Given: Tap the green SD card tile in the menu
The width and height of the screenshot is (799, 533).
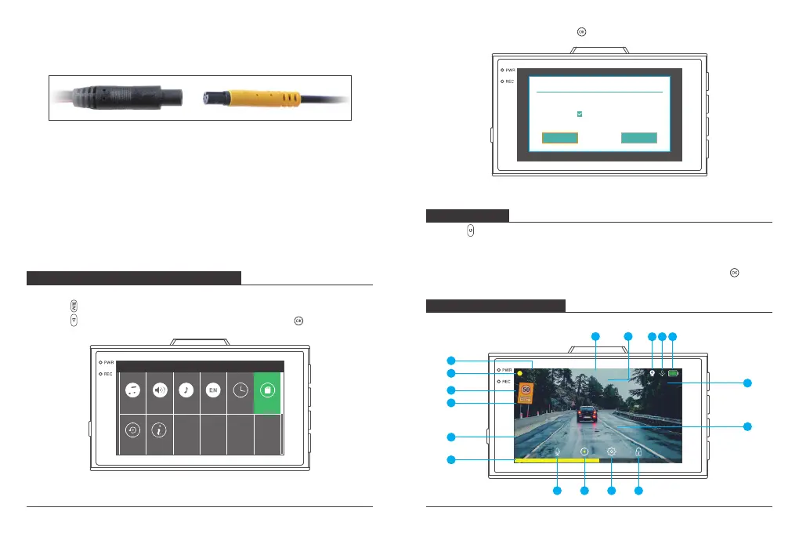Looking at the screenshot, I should [267, 390].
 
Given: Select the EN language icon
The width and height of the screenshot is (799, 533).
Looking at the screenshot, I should [213, 390].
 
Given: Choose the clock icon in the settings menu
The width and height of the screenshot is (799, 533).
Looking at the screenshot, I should [240, 390].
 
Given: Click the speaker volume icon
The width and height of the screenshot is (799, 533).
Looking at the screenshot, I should [159, 390].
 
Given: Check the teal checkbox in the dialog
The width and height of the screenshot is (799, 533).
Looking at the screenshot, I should [580, 114].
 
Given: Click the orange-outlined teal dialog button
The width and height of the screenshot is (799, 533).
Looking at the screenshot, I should [560, 138].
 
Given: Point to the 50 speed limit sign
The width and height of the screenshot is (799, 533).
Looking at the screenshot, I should [526, 392].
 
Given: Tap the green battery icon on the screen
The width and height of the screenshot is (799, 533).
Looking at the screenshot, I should [674, 374].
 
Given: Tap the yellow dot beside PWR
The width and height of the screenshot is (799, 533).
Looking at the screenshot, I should [519, 373].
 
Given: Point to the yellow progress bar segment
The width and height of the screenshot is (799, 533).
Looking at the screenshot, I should [556, 461].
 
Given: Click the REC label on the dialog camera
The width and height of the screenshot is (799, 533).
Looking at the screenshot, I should [507, 82].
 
